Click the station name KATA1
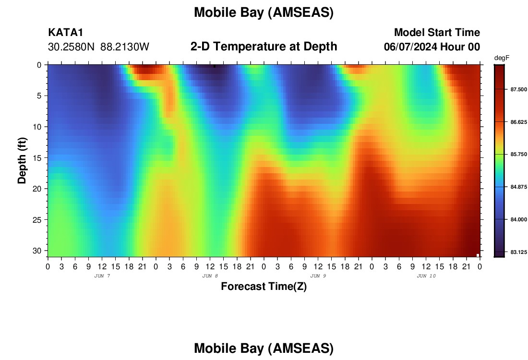[65, 32]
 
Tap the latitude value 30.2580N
[71, 47]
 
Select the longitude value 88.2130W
[125, 47]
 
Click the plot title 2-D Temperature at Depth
[264, 47]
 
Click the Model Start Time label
[437, 32]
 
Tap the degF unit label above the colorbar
[502, 58]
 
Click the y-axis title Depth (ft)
[22, 161]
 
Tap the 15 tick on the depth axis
[39, 157]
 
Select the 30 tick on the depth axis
[39, 251]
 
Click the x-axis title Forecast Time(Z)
[264, 286]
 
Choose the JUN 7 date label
[102, 276]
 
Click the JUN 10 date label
[426, 276]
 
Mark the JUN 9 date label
[318, 276]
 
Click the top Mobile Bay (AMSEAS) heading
[264, 12]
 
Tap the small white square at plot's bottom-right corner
[478, 255]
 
